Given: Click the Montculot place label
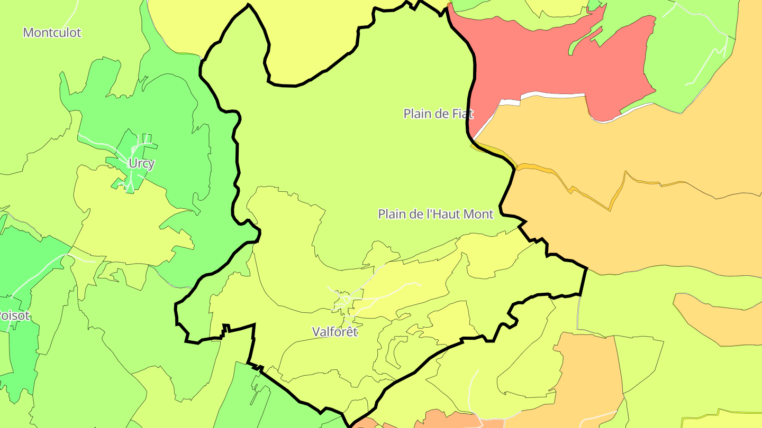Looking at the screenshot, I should (52, 33).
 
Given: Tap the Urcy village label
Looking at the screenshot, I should (141, 164).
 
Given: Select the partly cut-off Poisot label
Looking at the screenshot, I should (14, 316).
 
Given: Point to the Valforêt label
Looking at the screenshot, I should (335, 332).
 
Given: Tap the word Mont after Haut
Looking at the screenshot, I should (478, 214).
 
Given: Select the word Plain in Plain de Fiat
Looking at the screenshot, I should (416, 114).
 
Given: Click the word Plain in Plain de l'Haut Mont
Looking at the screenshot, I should (391, 214).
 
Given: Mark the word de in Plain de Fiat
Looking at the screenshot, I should (440, 114).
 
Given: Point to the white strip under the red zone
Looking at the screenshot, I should (550, 96).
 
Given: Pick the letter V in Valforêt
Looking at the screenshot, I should (316, 332).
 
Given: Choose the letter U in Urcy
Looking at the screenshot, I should (132, 164).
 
